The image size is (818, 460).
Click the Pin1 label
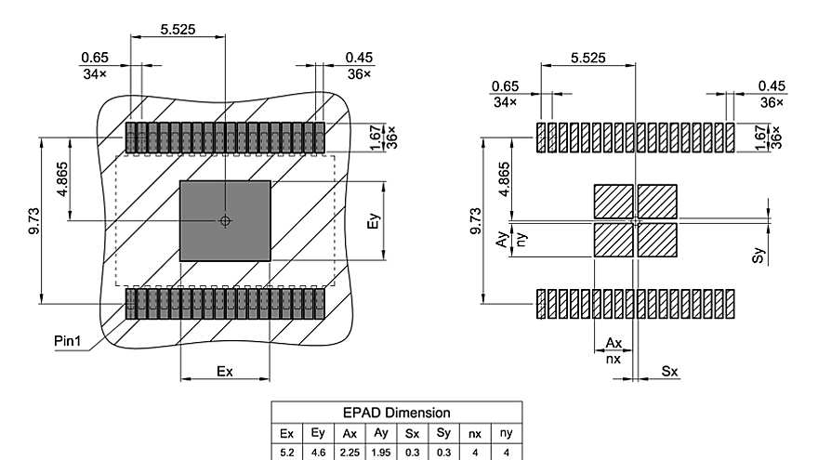point(68,341)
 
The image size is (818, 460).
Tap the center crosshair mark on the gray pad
point(224,220)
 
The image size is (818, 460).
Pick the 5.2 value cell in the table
point(286,452)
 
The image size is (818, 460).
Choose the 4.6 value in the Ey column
point(318,452)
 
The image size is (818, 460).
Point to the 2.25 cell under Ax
point(350,452)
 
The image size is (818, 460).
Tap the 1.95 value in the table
point(381,452)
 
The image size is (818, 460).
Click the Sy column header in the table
point(443,434)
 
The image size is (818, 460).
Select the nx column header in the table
point(475,434)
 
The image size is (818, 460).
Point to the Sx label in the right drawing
point(669,372)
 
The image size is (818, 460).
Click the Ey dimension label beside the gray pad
point(374,222)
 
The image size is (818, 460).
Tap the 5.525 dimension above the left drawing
point(178,30)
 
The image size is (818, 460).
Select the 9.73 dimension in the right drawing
point(477,221)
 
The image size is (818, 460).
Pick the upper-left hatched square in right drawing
point(613,202)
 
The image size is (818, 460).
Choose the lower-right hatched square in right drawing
point(657,240)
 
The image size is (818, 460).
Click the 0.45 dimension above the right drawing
point(772,86)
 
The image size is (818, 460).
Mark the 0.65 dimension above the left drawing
point(95,58)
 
